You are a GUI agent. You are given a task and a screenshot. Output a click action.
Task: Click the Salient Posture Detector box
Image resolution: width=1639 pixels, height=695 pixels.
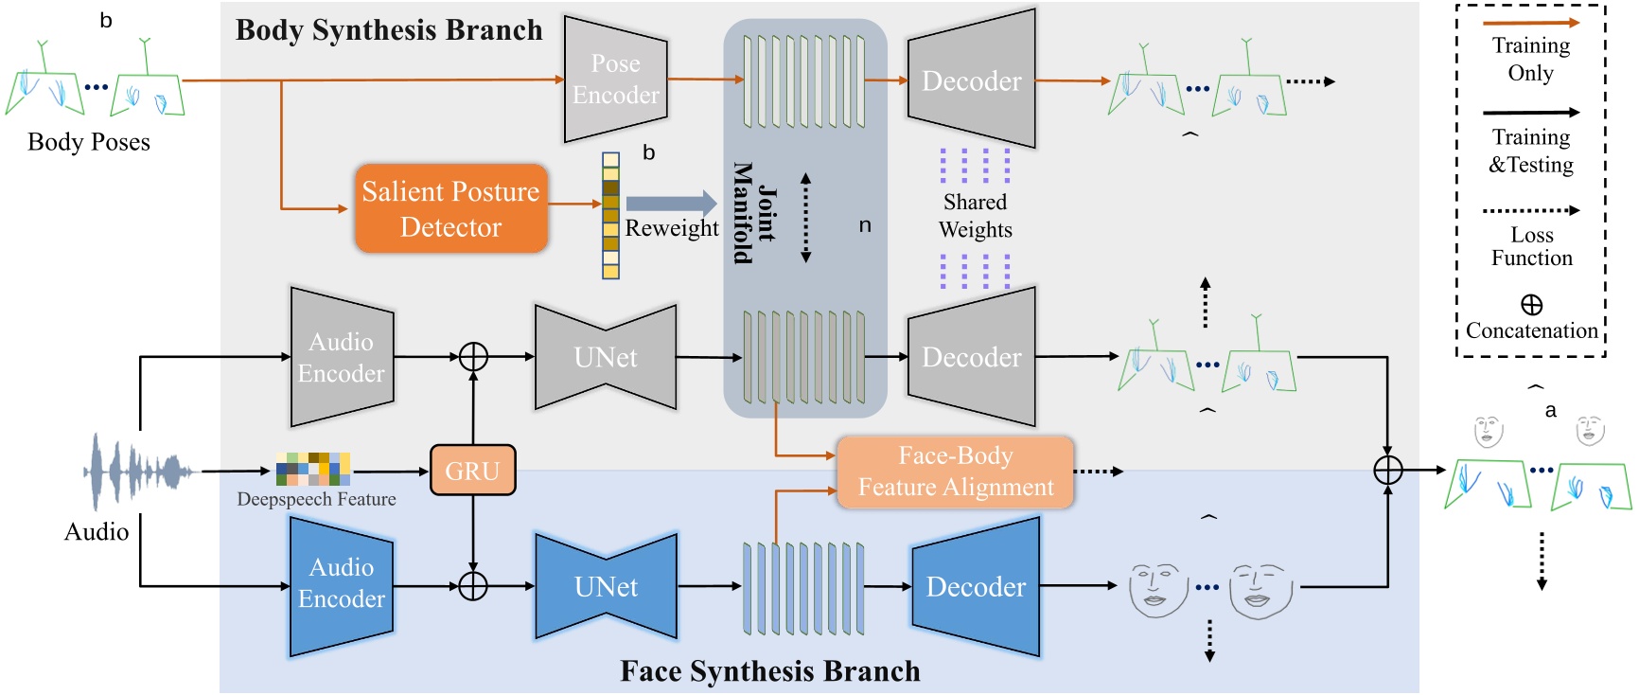[451, 208]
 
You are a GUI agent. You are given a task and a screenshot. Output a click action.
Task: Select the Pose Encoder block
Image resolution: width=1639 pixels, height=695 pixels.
[615, 80]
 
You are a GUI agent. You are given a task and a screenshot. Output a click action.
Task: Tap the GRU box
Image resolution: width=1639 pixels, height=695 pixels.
[472, 471]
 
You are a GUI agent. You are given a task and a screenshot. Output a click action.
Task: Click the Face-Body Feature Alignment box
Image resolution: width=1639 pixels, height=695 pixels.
[955, 472]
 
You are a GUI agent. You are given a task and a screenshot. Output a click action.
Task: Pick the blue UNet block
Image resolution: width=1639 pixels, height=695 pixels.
[606, 586]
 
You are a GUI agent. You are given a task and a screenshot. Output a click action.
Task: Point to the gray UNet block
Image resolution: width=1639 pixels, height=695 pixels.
[606, 357]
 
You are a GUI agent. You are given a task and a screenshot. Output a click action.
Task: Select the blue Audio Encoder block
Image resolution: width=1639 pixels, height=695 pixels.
[341, 584]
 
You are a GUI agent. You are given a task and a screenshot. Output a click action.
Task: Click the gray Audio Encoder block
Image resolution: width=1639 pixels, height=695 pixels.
[341, 357]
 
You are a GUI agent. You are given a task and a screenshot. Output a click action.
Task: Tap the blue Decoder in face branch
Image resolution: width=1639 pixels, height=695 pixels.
[975, 586]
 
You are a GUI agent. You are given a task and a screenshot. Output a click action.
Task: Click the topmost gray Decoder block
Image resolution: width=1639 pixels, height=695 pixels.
[971, 80]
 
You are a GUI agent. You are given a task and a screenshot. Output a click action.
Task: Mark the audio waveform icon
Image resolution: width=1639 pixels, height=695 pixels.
[137, 472]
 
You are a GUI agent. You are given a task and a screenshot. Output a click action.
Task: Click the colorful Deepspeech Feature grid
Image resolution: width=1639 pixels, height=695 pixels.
[313, 469]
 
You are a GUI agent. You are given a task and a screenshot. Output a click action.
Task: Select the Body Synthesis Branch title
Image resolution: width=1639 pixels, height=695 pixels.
[389, 30]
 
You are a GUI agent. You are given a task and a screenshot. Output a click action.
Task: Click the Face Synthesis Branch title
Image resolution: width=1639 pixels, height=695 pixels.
[769, 671]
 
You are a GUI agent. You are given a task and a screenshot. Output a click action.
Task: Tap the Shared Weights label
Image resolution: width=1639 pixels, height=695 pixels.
[975, 216]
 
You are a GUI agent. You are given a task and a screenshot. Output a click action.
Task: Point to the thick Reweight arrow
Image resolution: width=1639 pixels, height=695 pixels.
[671, 203]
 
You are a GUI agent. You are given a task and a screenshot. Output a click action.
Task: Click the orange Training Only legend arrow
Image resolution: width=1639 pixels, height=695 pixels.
[1530, 23]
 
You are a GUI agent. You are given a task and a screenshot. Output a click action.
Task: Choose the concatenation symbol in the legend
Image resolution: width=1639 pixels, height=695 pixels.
[1531, 305]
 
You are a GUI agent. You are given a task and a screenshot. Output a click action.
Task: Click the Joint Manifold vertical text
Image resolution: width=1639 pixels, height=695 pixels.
[755, 213]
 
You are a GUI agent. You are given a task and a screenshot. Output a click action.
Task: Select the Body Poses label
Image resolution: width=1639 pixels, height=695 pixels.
[89, 142]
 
